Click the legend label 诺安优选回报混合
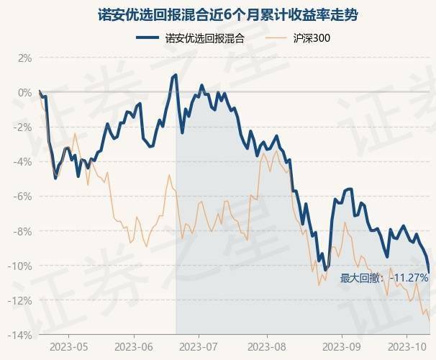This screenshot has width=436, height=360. (204, 37)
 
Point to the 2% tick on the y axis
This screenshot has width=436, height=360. (25, 58)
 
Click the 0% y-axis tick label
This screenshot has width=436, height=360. (25, 93)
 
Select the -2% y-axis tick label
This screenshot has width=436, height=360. (24, 127)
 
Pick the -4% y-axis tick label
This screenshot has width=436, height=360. (24, 162)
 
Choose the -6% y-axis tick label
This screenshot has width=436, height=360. (24, 197)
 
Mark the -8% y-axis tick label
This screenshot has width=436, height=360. (24, 231)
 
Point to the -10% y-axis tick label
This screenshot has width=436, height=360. (22, 266)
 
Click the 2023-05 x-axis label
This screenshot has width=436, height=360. (70, 346)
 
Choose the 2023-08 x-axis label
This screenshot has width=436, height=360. (267, 346)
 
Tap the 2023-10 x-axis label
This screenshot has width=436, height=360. (406, 346)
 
